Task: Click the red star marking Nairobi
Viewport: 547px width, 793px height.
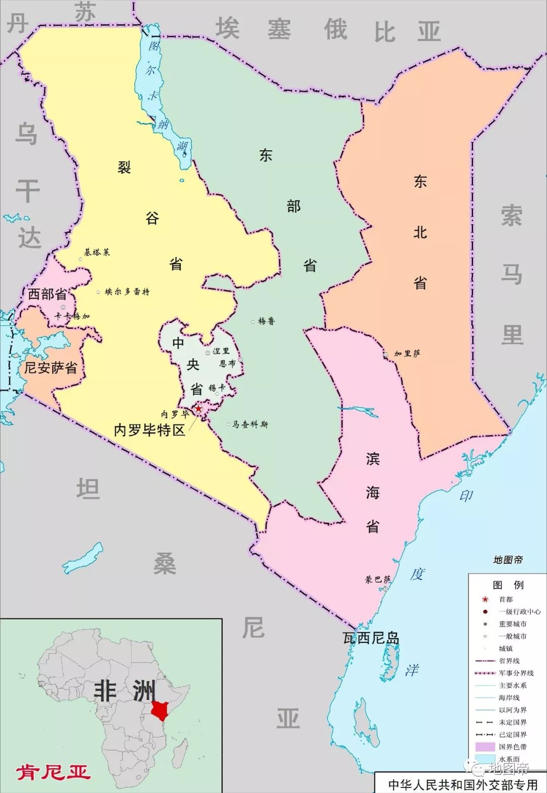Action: pyautogui.click(x=199, y=408)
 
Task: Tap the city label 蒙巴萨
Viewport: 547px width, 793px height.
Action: pyautogui.click(x=377, y=579)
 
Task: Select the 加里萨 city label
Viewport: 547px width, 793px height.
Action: pyautogui.click(x=407, y=354)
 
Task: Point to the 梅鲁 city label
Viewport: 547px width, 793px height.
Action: pyautogui.click(x=266, y=321)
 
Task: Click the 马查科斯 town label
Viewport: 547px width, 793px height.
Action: pyautogui.click(x=250, y=424)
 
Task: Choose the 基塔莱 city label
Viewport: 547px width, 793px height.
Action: pyautogui.click(x=97, y=252)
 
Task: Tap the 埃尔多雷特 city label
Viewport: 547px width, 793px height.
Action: pyautogui.click(x=127, y=291)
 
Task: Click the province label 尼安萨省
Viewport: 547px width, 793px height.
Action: pyautogui.click(x=51, y=367)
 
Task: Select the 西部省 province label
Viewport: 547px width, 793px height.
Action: pyautogui.click(x=47, y=294)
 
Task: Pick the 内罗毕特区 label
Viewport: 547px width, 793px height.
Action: pyautogui.click(x=149, y=430)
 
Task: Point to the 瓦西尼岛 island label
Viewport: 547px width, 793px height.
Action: pyautogui.click(x=371, y=638)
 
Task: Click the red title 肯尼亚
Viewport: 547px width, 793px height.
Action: pyautogui.click(x=53, y=772)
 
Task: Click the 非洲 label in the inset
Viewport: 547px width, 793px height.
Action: pyautogui.click(x=125, y=691)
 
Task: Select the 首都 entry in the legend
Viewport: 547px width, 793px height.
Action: pyautogui.click(x=506, y=599)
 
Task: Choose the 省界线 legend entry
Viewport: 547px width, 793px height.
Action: pyautogui.click(x=509, y=661)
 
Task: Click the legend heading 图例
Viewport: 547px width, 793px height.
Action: pyautogui.click(x=508, y=585)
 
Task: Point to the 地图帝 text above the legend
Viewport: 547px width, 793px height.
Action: pyautogui.click(x=507, y=560)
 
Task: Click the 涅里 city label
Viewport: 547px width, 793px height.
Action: pyautogui.click(x=221, y=351)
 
